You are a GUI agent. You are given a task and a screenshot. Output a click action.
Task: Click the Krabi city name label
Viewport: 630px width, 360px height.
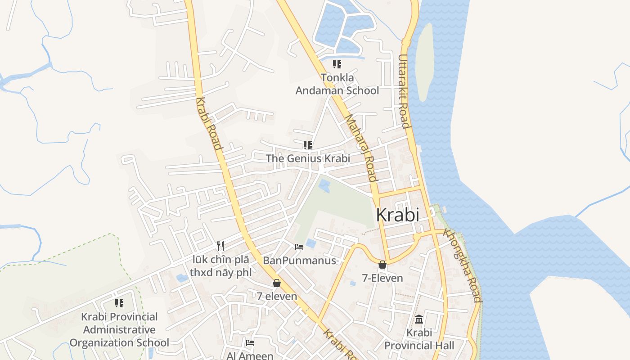click(x=397, y=215)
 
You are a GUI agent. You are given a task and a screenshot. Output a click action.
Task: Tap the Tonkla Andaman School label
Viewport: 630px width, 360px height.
click(x=337, y=84)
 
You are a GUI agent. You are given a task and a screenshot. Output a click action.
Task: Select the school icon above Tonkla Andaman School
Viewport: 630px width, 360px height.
click(x=337, y=64)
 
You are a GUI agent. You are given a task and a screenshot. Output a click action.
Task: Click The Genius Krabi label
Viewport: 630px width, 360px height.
click(x=308, y=158)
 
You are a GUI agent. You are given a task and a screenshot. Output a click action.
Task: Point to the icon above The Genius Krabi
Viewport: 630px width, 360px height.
click(x=308, y=145)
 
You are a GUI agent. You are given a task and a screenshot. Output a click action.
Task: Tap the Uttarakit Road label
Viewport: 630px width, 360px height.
click(x=404, y=91)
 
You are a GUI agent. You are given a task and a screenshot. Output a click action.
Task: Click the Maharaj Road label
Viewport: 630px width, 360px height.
click(x=361, y=148)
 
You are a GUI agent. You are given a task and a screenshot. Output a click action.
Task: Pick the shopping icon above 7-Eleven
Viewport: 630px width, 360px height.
click(x=382, y=265)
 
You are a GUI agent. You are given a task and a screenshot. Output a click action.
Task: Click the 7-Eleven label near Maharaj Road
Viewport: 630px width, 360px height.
click(x=382, y=278)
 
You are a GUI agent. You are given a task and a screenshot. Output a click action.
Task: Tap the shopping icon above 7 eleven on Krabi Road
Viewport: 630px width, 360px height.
click(x=277, y=283)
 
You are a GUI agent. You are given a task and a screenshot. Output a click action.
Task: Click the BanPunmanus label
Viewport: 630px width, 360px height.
click(x=299, y=261)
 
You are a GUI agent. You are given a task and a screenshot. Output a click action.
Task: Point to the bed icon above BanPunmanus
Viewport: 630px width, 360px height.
click(x=299, y=247)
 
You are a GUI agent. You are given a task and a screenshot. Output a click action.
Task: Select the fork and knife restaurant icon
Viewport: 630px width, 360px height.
click(x=220, y=246)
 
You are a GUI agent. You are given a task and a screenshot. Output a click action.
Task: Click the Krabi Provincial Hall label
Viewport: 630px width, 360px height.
click(x=419, y=339)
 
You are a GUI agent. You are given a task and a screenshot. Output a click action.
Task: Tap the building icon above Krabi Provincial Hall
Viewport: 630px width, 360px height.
click(x=419, y=319)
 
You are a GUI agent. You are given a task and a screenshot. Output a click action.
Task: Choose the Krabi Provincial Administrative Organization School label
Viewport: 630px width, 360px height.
click(x=119, y=330)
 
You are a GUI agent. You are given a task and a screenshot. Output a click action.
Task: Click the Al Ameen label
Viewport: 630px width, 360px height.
click(x=250, y=356)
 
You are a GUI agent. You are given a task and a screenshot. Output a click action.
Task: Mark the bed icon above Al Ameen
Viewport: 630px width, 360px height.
click(x=251, y=343)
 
